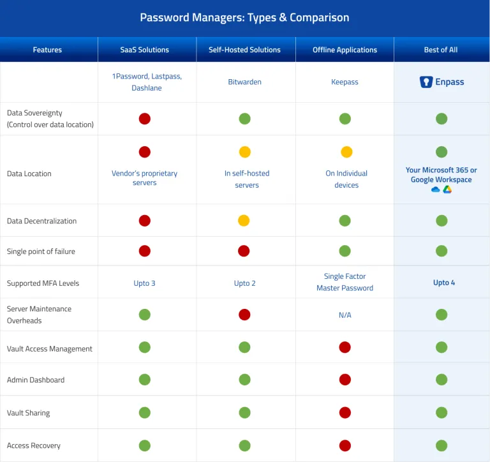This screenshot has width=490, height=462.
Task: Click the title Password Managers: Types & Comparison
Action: pyautogui.click(x=244, y=17)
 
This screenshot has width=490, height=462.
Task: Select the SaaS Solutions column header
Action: pyautogui.click(x=145, y=50)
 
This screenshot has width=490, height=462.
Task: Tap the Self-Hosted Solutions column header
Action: pyautogui.click(x=245, y=50)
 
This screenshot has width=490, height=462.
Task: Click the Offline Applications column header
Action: pyautogui.click(x=345, y=50)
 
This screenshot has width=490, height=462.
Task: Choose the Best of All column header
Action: pyautogui.click(x=441, y=50)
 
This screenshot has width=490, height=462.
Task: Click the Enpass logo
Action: pyautogui.click(x=426, y=82)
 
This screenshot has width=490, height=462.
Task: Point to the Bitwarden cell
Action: pyautogui.click(x=245, y=82)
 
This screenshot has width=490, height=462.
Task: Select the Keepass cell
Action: pyautogui.click(x=345, y=82)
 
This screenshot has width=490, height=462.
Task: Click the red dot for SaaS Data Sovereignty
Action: pyautogui.click(x=145, y=119)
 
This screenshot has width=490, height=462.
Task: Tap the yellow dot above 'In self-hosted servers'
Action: pyautogui.click(x=245, y=152)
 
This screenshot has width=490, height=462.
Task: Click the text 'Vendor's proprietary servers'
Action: pyautogui.click(x=145, y=178)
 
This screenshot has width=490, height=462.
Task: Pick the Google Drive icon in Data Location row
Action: pyautogui.click(x=447, y=190)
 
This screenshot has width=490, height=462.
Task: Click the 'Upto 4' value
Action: pyautogui.click(x=441, y=283)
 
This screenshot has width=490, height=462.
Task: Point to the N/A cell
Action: pyautogui.click(x=345, y=315)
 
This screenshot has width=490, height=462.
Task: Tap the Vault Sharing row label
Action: pyautogui.click(x=28, y=413)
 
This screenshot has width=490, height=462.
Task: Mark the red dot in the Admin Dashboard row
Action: pyautogui.click(x=345, y=380)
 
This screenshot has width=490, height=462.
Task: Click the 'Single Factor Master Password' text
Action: pyautogui.click(x=345, y=282)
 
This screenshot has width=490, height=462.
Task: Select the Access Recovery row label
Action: pyautogui.click(x=34, y=445)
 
